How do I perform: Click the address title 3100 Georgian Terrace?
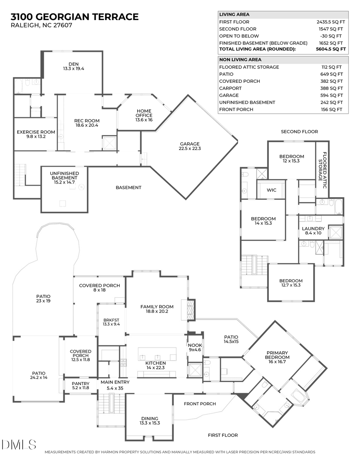point(75,17)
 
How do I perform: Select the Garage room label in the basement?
point(190,146)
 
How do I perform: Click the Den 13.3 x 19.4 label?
point(74,66)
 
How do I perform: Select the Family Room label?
point(156,309)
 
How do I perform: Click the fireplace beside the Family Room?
point(191,310)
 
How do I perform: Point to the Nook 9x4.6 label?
point(195,348)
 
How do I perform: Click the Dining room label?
point(150,421)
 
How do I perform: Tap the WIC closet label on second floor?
point(271,190)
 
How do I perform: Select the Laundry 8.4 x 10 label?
point(313,231)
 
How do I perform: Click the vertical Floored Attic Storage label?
point(322,166)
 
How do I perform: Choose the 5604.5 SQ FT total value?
point(331,49)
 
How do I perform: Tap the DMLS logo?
point(19,444)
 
